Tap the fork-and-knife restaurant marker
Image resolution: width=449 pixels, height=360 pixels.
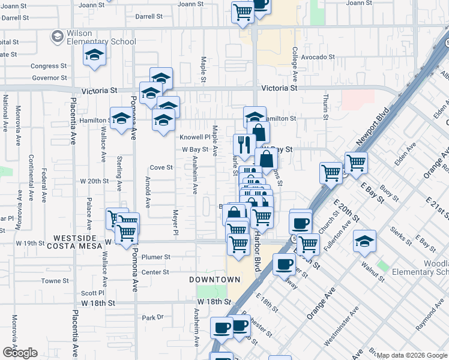point(244,145)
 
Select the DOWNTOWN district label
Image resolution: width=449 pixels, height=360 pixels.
point(214,280)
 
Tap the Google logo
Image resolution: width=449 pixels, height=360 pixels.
point(20,353)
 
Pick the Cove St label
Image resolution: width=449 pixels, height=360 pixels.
point(161,167)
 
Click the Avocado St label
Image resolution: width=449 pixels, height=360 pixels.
point(318,57)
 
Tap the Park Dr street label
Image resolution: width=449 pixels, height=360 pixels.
point(152,317)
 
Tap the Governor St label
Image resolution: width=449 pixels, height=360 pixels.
point(49,78)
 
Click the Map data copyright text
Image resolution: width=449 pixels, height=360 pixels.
point(411,355)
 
